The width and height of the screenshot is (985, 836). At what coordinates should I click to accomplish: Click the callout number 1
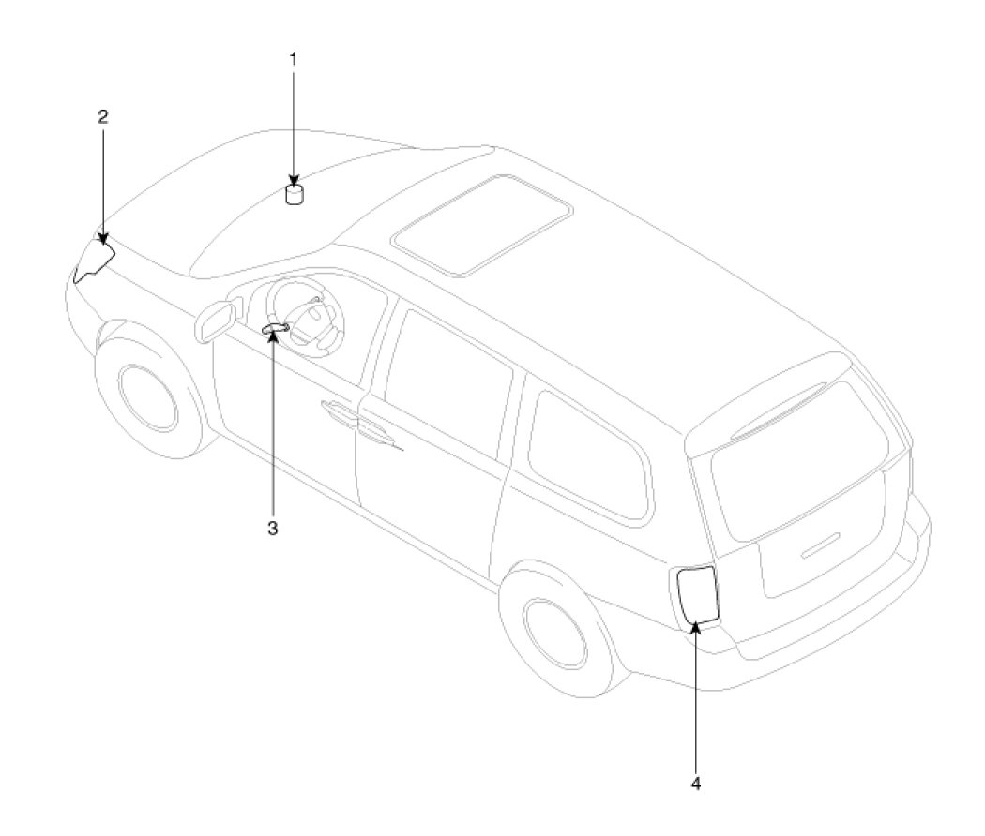(293, 59)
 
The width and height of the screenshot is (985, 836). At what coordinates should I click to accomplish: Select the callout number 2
(103, 117)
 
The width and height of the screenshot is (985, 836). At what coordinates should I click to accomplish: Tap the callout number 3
(273, 528)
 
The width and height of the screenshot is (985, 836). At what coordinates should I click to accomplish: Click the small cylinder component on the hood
(295, 194)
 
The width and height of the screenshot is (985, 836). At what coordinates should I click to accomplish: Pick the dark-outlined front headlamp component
(94, 260)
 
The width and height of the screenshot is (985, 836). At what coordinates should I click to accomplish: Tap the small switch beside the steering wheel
(276, 327)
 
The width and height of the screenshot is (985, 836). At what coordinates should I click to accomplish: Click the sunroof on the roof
(481, 224)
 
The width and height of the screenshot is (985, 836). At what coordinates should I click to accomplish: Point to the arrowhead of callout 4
(695, 625)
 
